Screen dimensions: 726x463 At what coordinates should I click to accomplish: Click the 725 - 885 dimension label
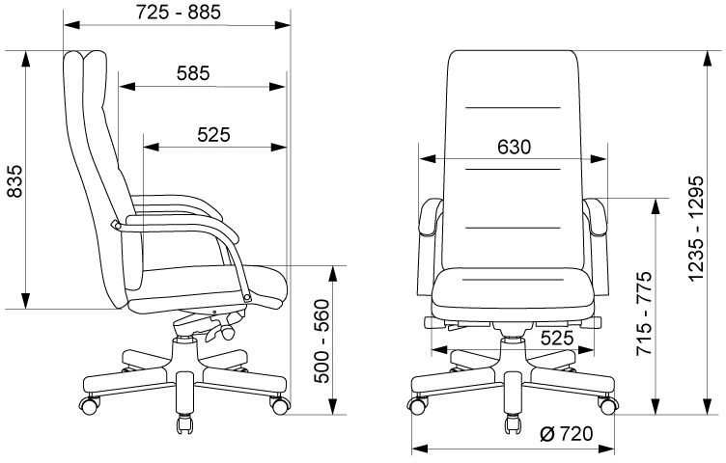179,12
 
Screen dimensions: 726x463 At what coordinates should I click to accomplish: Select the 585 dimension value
193,73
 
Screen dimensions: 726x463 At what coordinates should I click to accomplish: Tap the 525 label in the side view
213,135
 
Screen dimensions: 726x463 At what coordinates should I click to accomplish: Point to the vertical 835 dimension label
14,180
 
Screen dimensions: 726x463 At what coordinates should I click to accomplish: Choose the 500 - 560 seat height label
321,341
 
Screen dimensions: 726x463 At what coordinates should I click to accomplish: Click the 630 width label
514,147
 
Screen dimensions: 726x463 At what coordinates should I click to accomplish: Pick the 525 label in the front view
557,339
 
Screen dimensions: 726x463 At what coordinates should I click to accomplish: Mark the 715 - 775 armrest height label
644,313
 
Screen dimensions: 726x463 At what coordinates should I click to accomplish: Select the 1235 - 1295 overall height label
696,229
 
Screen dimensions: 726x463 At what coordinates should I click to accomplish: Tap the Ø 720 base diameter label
567,434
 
